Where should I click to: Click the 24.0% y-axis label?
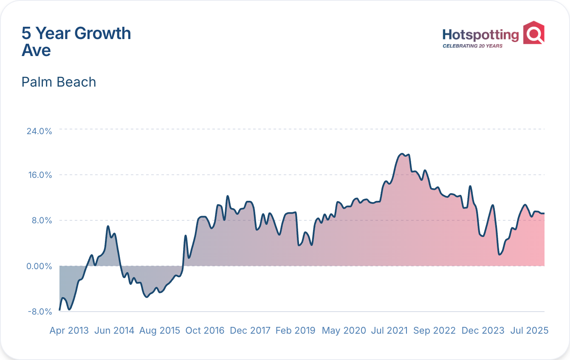coord(39,131)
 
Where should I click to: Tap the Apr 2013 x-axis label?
coord(69,331)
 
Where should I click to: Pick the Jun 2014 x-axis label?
coord(114,331)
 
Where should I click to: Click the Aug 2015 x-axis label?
coord(160,331)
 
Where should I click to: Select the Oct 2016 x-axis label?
coord(205,331)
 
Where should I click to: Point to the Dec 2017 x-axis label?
coord(250,331)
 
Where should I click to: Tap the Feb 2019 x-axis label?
coord(295,331)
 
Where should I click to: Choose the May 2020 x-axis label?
coord(344,331)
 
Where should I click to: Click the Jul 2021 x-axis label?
coord(389,331)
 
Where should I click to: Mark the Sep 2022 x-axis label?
coord(435,331)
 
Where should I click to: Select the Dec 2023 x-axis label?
coord(483,331)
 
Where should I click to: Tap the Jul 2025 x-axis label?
coord(529,331)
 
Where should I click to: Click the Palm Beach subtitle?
coord(59,82)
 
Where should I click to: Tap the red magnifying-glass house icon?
coord(533,33)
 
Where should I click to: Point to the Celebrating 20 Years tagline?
coord(472,46)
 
